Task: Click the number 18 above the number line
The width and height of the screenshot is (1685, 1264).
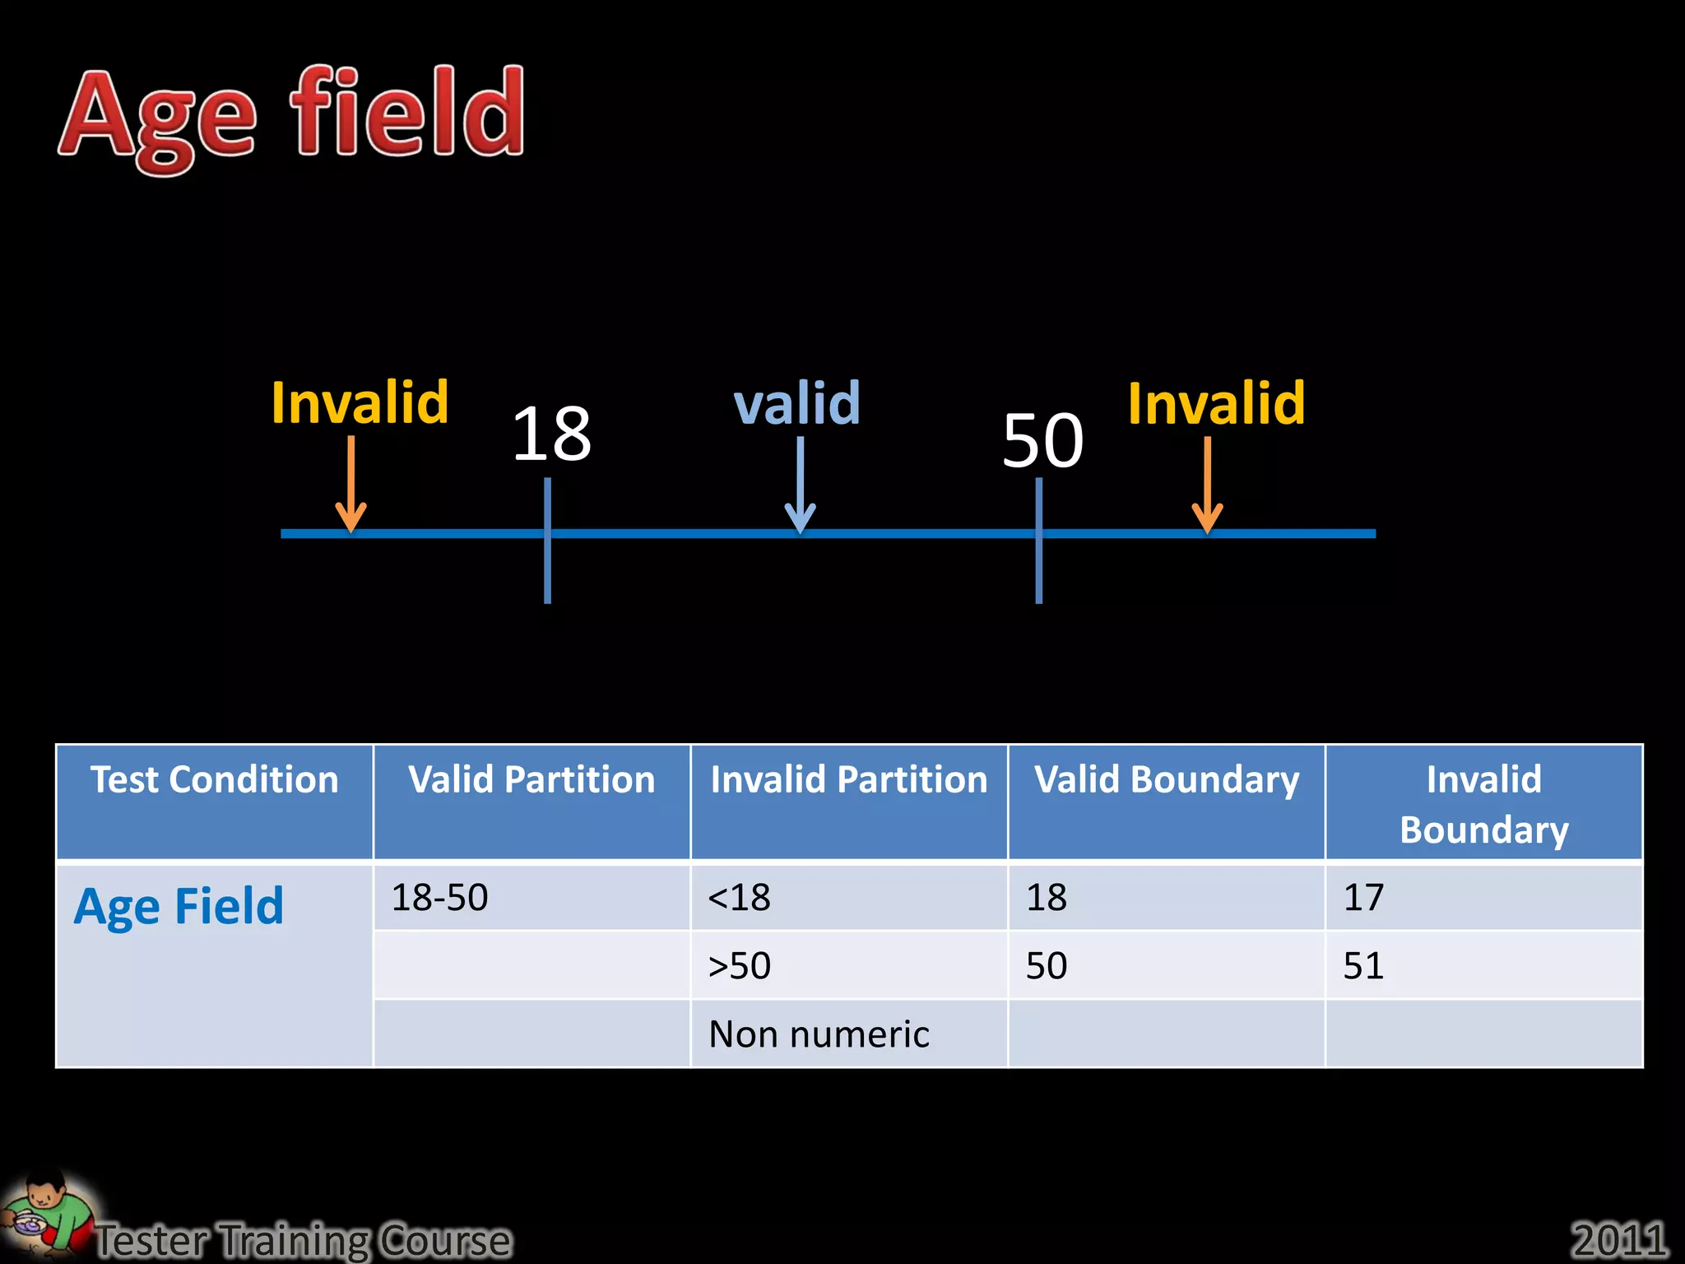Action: tap(551, 434)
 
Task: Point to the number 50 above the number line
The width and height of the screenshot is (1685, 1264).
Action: tap(1042, 441)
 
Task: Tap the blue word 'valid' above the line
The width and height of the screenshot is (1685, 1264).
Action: tap(796, 403)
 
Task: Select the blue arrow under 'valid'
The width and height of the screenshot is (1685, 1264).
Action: tap(800, 486)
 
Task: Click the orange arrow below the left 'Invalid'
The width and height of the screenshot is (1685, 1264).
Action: tap(351, 485)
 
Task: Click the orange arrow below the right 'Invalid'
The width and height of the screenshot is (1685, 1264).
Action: tap(1207, 486)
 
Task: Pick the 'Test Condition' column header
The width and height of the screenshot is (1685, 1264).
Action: tap(214, 779)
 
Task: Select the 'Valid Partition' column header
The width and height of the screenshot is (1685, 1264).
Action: tap(531, 779)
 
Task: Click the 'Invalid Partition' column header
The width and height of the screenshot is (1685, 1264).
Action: tap(849, 779)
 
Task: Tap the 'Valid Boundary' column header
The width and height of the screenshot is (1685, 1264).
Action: tap(1167, 779)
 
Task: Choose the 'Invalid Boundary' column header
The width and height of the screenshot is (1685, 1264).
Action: tap(1483, 803)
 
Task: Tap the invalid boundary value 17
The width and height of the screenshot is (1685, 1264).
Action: tap(1363, 897)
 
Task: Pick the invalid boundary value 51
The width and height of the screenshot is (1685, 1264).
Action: tap(1363, 965)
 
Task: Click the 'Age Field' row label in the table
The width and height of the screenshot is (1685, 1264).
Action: tap(179, 907)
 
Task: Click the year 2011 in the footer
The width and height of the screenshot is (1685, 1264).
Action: tap(1618, 1239)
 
